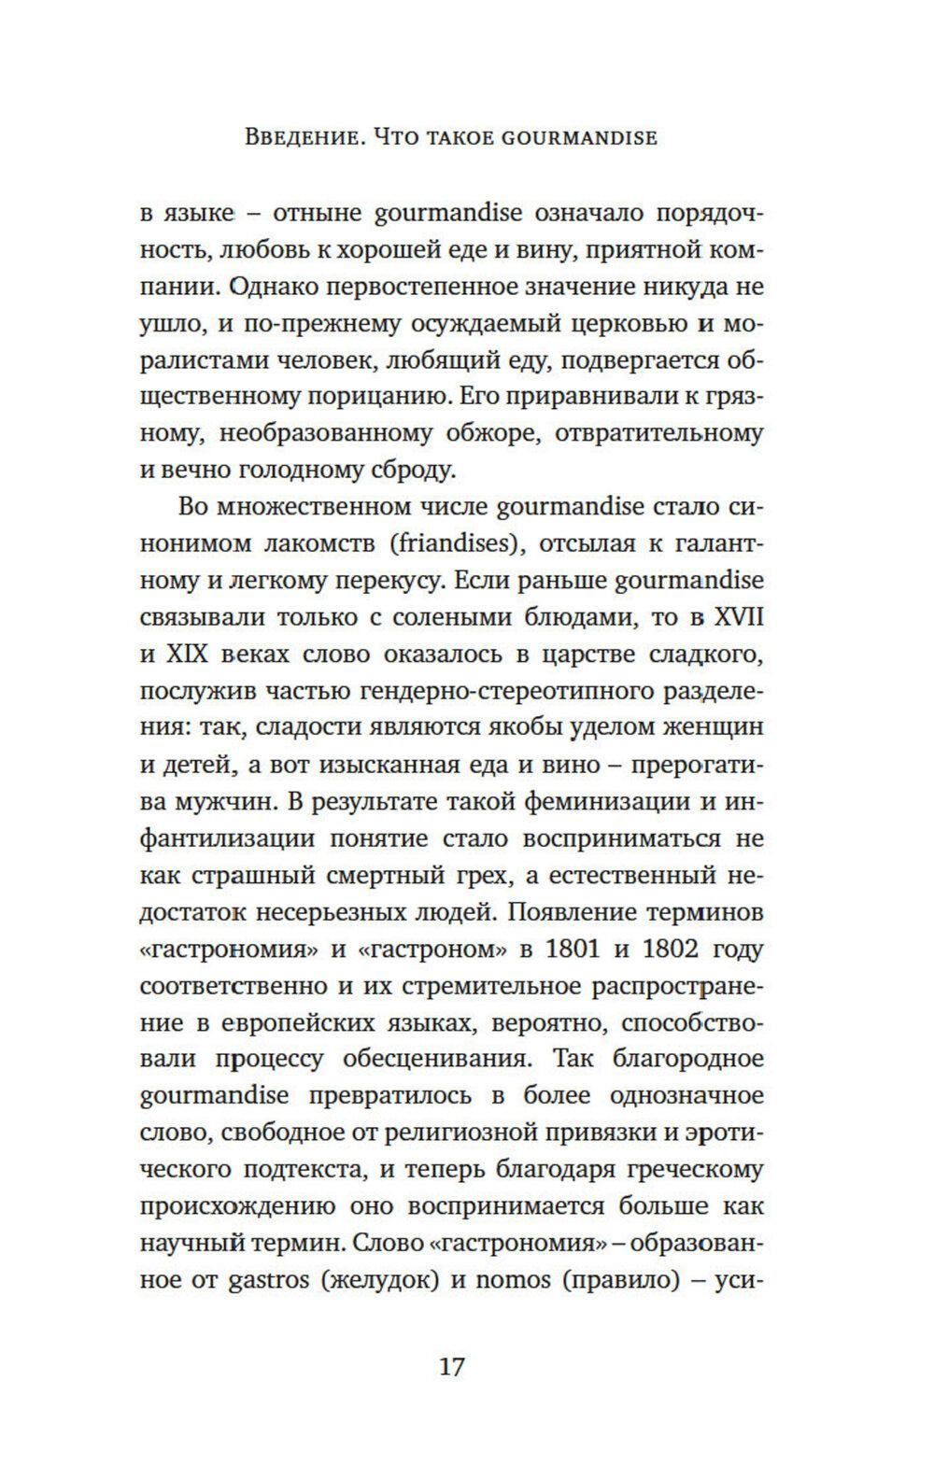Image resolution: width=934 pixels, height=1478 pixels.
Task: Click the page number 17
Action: (x=451, y=1368)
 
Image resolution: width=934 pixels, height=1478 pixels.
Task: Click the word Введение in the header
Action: (x=300, y=137)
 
